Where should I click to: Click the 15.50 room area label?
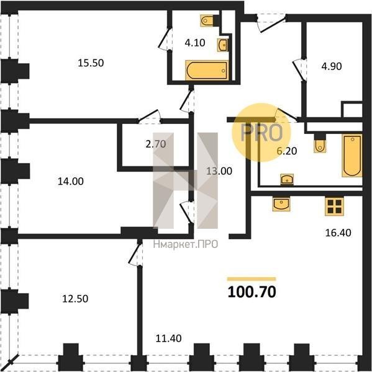point(91,63)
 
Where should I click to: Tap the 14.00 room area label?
point(71,181)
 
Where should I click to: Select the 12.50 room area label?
point(75,298)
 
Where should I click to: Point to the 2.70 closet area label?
point(156,144)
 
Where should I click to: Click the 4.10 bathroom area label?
point(195,43)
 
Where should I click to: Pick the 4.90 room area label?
point(332,66)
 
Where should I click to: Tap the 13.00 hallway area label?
point(219,171)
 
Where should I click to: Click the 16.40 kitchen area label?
point(338,232)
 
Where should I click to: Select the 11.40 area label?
point(168,339)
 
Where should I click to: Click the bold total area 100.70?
point(252,292)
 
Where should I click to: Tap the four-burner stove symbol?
point(335,206)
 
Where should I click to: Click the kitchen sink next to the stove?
point(281,204)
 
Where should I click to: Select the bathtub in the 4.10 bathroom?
point(207,70)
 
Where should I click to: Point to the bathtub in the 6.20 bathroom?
point(352,156)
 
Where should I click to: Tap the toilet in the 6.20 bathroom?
point(320,143)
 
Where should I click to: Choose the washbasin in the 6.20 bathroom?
point(287,179)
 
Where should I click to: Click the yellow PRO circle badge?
point(261,133)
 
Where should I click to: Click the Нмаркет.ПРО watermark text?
point(186,244)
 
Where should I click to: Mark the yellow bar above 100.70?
point(252,279)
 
